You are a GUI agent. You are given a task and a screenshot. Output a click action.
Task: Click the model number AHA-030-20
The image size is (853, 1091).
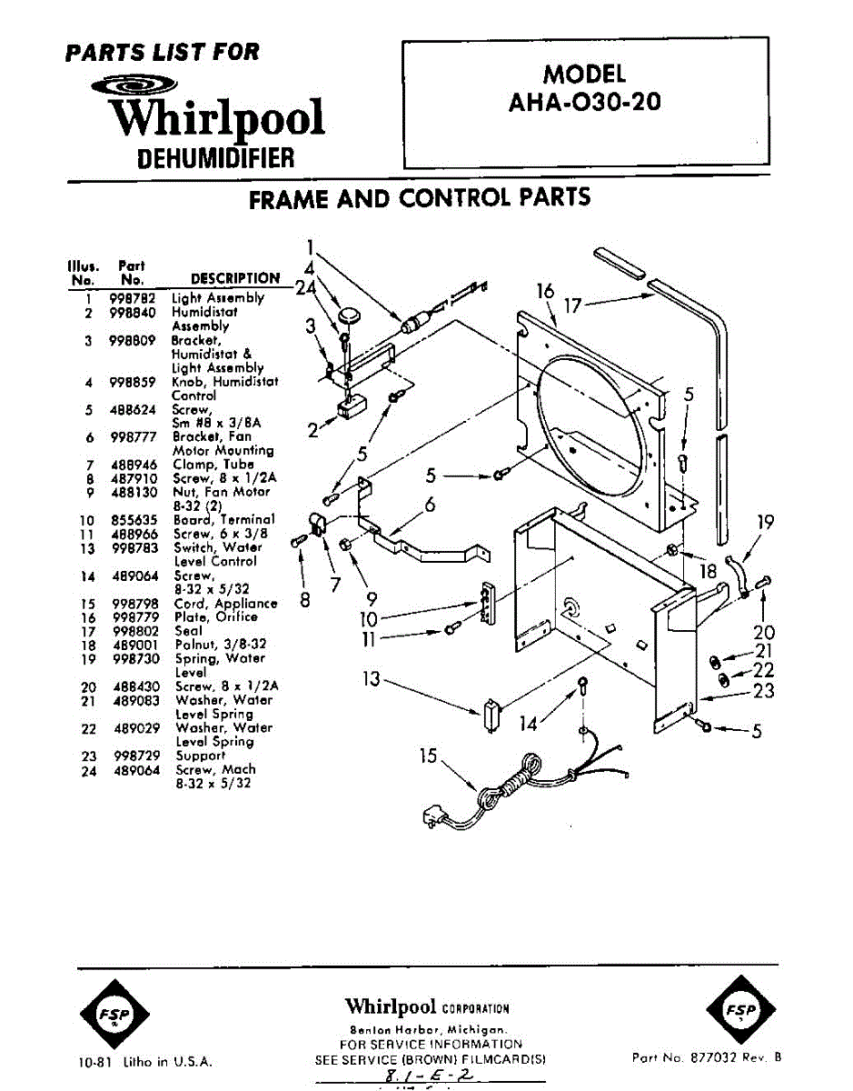585,102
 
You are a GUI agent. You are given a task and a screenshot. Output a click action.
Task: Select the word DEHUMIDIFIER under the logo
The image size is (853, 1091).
216,158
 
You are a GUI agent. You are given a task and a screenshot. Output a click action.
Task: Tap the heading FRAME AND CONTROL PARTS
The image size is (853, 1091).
420,197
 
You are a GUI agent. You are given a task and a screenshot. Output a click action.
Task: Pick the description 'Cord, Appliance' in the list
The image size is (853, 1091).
226,604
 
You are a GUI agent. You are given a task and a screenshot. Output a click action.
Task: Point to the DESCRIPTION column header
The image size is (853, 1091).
235,278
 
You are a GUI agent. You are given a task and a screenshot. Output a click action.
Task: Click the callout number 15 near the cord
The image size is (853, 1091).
428,756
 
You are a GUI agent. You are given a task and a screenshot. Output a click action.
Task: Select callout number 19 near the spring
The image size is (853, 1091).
766,522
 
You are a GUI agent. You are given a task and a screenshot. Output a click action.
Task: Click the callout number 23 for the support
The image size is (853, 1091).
764,691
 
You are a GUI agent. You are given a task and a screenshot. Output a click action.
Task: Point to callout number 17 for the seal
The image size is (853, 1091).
572,306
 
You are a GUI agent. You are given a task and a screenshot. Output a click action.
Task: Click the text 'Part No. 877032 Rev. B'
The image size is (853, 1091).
706,1057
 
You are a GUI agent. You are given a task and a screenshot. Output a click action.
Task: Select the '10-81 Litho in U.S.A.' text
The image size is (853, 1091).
145,1062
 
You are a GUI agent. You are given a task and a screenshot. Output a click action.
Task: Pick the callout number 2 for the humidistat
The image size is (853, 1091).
313,430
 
